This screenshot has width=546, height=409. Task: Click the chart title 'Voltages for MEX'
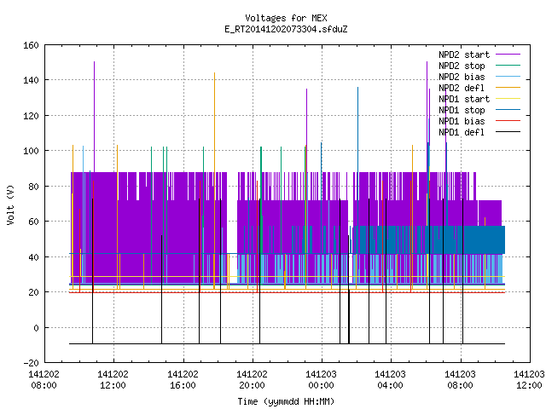click(x=286, y=18)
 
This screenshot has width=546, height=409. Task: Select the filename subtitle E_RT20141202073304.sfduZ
click(x=286, y=29)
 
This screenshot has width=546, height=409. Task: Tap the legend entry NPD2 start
click(x=464, y=55)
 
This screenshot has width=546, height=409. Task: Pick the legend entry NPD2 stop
click(x=462, y=66)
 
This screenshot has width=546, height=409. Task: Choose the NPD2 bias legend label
click(x=462, y=77)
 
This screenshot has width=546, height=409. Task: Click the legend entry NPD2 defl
click(x=462, y=88)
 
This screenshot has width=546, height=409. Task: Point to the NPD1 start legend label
click(x=464, y=99)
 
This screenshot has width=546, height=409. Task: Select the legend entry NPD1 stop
click(x=462, y=110)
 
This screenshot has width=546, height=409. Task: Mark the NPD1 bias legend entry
click(x=462, y=121)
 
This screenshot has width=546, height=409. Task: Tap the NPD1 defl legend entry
click(x=462, y=133)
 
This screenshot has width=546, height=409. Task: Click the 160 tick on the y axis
click(x=31, y=45)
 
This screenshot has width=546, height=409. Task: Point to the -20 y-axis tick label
click(x=31, y=363)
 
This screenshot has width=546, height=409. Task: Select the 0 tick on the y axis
click(x=36, y=327)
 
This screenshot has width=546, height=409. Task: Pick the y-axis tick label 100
click(x=31, y=151)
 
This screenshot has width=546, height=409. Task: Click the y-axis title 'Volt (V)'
click(x=10, y=204)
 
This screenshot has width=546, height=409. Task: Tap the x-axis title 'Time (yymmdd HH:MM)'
click(x=286, y=401)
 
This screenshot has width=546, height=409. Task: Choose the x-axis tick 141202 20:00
click(x=252, y=380)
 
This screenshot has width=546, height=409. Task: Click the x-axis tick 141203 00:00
click(x=321, y=380)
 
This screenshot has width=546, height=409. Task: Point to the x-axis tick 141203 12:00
click(x=529, y=380)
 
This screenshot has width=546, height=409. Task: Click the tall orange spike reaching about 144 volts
click(x=214, y=181)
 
